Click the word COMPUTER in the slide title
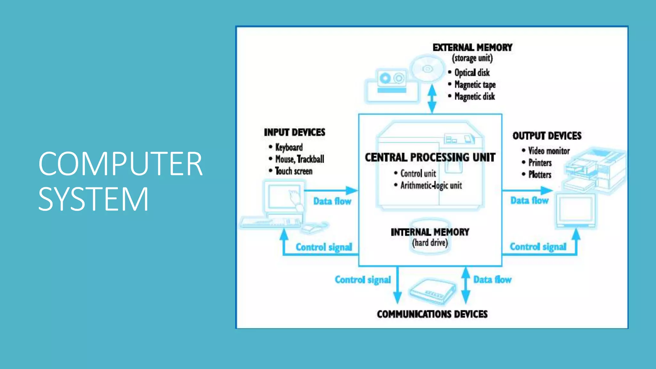pos(120,164)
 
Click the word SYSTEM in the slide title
pos(93,199)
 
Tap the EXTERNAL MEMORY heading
pos(472,48)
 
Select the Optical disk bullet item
pos(472,73)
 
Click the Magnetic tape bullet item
pos(475,85)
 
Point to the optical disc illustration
pos(427,69)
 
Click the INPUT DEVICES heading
pos(294,133)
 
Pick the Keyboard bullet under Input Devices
pos(289,147)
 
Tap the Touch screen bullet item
pos(293,171)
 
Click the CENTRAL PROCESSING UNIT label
pos(430,158)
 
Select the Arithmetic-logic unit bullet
pos(431,185)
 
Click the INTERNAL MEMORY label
pos(430,232)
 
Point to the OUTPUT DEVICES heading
pos(547,136)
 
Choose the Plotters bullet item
pos(540,175)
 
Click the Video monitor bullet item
pos(549,151)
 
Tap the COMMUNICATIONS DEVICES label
pos(432,314)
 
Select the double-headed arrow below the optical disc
pos(432,99)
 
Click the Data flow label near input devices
pos(332,201)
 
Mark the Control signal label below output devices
pos(538,247)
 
